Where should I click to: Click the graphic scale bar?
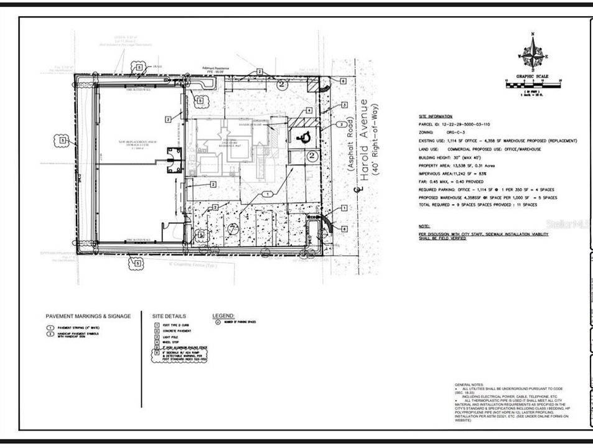532,82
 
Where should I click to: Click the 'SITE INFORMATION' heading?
435,116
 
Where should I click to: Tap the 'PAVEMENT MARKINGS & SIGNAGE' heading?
88,316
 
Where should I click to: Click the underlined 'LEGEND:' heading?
223,315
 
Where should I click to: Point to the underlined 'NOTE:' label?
424,226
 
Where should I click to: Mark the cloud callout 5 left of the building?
63,141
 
